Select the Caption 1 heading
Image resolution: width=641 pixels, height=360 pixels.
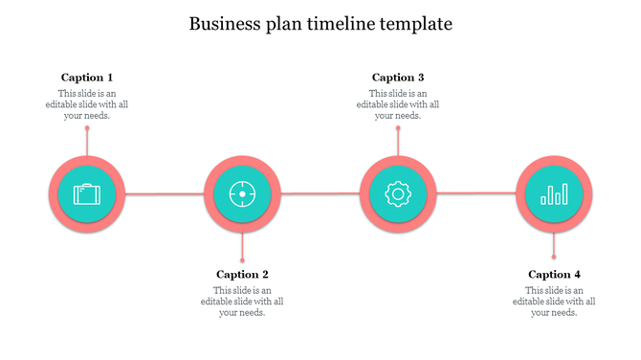[87, 78]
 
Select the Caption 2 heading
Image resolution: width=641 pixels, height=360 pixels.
[242, 275]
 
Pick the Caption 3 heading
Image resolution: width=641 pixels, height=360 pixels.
[398, 78]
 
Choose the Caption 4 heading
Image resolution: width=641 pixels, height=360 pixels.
[554, 275]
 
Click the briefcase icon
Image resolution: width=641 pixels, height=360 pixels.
[87, 194]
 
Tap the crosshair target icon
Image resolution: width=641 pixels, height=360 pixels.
[242, 194]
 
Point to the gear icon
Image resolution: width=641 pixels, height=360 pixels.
[398, 194]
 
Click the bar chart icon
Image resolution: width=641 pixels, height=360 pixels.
[554, 194]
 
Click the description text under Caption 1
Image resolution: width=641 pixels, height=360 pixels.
[87, 104]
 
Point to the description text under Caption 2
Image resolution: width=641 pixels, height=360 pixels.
[242, 301]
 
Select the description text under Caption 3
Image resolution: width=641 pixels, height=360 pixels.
[398, 104]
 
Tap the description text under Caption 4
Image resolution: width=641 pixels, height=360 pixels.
[554, 301]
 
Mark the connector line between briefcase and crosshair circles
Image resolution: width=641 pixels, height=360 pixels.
[165, 194]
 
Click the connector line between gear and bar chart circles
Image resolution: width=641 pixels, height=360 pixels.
[475, 194]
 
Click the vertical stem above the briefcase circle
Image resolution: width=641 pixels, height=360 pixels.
[87, 142]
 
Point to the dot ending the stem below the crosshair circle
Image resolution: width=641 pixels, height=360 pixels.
[242, 259]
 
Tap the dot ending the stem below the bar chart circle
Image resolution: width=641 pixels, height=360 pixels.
[554, 258]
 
